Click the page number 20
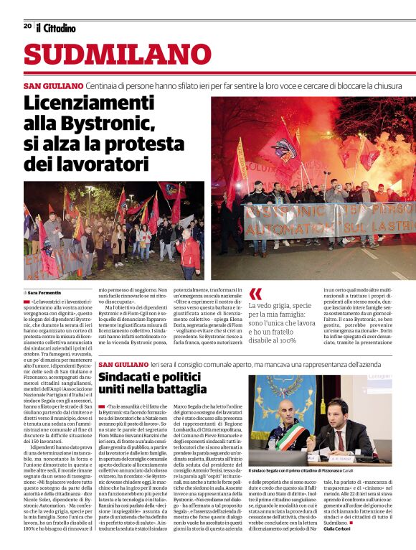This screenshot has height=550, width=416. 27,26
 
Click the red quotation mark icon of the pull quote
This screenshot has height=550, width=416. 255,294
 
